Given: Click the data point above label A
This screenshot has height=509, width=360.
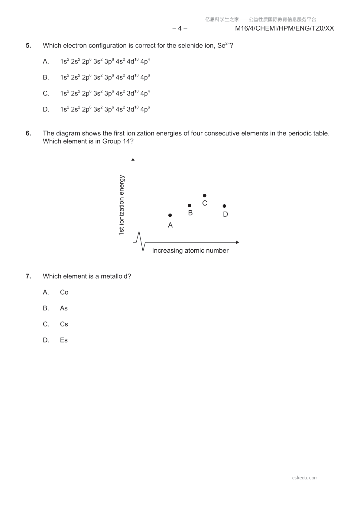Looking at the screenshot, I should [x=170, y=215].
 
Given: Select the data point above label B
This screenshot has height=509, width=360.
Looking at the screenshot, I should [x=190, y=206].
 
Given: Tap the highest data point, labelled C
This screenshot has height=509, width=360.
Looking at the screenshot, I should [x=205, y=196].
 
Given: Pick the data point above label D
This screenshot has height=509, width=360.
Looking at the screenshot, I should [x=224, y=206].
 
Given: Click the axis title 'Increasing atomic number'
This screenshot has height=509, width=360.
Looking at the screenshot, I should [x=190, y=251].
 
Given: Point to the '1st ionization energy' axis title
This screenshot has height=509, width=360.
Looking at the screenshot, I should [x=122, y=205].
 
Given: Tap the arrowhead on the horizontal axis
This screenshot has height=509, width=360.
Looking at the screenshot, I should [x=237, y=242].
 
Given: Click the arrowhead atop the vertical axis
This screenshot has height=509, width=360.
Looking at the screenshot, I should [x=133, y=160].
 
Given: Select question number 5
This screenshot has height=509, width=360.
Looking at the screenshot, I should [x=28, y=46].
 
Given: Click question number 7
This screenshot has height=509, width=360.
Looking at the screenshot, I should [x=28, y=276].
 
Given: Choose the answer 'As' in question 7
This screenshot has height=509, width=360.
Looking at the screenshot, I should [x=64, y=308].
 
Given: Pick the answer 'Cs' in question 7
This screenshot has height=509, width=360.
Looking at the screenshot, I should [x=64, y=324].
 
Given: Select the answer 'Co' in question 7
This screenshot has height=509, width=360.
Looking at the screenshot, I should [x=64, y=292].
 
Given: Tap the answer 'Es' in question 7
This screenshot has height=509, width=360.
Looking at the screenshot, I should [x=64, y=340].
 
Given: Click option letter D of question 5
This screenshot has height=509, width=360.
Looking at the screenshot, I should [x=46, y=109].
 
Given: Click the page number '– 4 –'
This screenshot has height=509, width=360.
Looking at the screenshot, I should [x=180, y=28].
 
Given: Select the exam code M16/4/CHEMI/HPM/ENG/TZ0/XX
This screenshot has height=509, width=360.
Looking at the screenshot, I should [x=284, y=28].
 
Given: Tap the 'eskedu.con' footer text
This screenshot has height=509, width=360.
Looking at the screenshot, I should [x=304, y=478].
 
